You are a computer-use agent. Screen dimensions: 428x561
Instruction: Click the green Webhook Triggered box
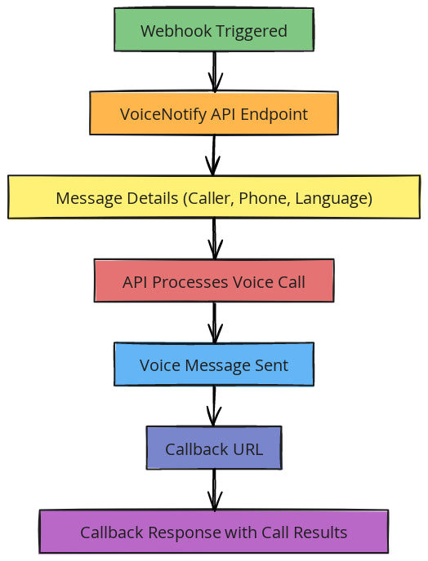(x=214, y=29)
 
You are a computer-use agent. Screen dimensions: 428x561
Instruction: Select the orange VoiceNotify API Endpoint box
(x=214, y=113)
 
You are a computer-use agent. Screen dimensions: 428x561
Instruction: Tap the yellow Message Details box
(x=214, y=197)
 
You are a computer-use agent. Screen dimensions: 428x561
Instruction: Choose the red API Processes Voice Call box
(x=214, y=280)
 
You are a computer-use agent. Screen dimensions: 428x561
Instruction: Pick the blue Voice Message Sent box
(x=214, y=364)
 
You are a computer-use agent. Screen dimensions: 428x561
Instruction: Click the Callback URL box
(x=214, y=448)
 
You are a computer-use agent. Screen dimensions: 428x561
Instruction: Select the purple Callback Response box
(x=214, y=532)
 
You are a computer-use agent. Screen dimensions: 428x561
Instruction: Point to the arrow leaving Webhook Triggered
(x=214, y=72)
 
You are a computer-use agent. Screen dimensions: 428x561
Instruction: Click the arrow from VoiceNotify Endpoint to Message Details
(x=214, y=155)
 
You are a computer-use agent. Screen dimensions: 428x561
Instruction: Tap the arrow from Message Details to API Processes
(x=214, y=239)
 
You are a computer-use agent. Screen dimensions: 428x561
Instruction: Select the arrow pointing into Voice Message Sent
(x=214, y=323)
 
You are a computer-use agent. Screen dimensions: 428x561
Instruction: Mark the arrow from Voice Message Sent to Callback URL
(x=214, y=406)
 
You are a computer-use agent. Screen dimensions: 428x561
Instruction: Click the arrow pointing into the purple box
(x=214, y=490)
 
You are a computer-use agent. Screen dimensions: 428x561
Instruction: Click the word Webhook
(x=176, y=31)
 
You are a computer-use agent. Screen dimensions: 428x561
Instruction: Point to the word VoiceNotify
(x=163, y=114)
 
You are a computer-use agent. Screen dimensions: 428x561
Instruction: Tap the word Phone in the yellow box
(x=264, y=198)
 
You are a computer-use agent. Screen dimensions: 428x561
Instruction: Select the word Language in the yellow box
(x=334, y=199)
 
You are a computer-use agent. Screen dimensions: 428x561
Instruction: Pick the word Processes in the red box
(x=190, y=282)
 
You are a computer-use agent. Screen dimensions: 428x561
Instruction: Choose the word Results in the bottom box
(x=321, y=532)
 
